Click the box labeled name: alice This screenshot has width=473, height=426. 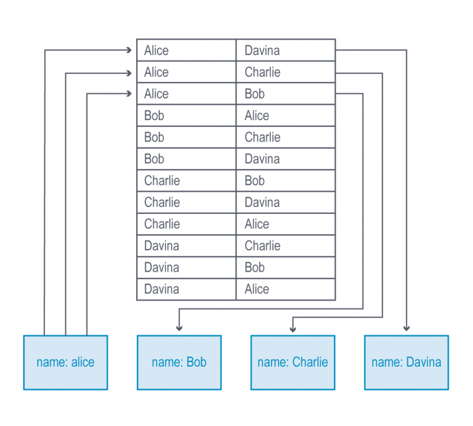click(65, 363)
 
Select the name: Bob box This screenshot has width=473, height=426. click(179, 363)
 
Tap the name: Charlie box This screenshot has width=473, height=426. click(293, 363)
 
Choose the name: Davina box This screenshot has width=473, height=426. click(406, 363)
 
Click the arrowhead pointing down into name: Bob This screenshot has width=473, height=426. click(179, 328)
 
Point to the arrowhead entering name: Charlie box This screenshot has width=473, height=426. click(293, 328)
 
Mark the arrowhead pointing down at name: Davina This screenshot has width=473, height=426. click(406, 328)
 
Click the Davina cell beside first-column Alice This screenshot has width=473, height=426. click(285, 51)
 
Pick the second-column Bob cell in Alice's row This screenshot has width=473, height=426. click(285, 94)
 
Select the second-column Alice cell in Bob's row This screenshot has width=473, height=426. click(285, 115)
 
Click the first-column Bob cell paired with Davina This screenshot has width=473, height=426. click(186, 159)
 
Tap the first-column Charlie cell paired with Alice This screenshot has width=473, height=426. click(186, 224)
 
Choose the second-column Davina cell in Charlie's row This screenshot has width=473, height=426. click(285, 202)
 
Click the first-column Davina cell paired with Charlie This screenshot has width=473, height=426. click(186, 245)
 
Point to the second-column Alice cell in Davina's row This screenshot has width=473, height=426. click(285, 289)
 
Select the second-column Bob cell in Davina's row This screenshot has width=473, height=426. click(285, 268)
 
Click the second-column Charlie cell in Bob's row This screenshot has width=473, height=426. click(285, 137)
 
